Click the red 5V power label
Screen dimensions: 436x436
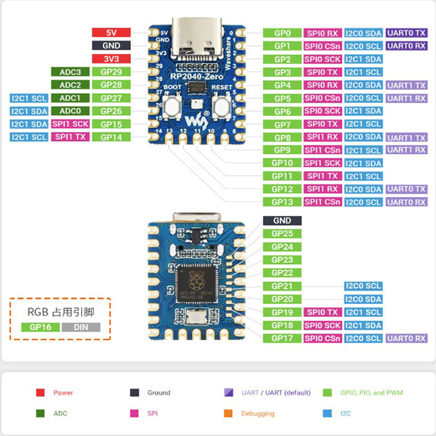click(111, 33)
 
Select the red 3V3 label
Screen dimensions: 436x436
click(111, 59)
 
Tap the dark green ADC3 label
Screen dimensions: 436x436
click(70, 72)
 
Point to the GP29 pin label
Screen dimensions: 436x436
click(111, 72)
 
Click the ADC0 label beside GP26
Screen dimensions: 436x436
click(70, 111)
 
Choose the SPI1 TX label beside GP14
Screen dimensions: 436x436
click(70, 137)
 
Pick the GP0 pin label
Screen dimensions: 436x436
click(282, 33)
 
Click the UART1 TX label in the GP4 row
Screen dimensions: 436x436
click(406, 86)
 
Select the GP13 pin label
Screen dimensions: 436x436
click(282, 202)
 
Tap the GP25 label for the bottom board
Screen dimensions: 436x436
click(282, 234)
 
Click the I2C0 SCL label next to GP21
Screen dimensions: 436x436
click(363, 286)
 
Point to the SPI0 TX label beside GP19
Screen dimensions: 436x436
click(323, 312)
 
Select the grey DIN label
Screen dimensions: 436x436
click(81, 328)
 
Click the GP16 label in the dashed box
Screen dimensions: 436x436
click(40, 328)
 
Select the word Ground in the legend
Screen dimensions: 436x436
click(159, 392)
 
